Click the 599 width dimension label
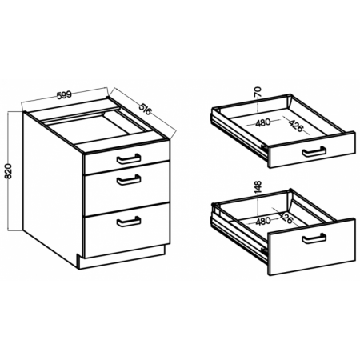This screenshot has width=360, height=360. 64,95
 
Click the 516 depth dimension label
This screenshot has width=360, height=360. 145,109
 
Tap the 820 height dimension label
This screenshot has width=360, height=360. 9,171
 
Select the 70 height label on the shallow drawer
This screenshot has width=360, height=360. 258,92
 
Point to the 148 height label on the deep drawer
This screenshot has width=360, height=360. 258,187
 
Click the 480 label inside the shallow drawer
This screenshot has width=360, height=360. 263,123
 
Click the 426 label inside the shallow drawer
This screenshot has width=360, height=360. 296,126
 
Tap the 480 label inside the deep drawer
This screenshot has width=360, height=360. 263,221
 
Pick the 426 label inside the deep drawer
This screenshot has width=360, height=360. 286,218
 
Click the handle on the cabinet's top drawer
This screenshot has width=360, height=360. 129,159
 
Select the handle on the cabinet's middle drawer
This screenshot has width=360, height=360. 129,180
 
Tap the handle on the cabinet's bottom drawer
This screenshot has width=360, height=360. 129,222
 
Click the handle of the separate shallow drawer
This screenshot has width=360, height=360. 314,151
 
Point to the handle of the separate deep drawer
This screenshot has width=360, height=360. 314,238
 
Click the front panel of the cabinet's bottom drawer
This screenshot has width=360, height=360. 127,230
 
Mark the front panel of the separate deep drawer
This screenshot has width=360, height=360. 311,246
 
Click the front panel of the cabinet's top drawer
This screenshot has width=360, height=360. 127,157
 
